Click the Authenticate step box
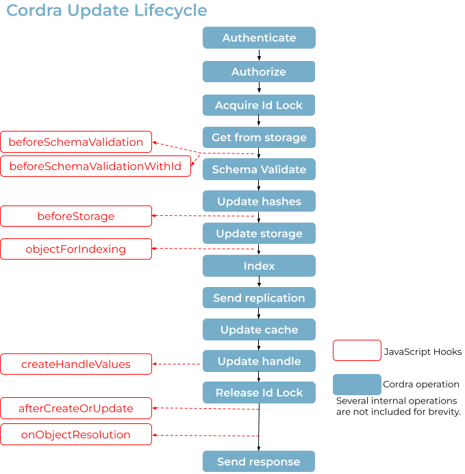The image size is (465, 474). tap(259, 38)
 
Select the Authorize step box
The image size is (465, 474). tap(259, 72)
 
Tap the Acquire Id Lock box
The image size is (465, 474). tap(259, 105)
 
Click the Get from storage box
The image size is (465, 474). tap(259, 138)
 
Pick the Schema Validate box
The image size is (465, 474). tap(259, 169)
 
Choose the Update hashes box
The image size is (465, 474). tap(259, 201)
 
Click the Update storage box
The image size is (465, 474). tap(259, 234)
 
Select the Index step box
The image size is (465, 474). tap(259, 266)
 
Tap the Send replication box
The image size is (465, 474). tap(259, 298)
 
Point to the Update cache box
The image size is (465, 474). tap(259, 329)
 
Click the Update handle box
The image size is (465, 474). tap(259, 361)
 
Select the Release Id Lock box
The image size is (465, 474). tap(259, 392)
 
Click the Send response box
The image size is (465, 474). tap(259, 462)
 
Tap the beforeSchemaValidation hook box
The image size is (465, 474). tap(76, 142)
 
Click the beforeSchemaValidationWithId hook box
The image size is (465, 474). tap(95, 166)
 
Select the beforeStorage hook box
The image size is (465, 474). tap(76, 216)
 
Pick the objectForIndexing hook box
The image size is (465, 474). tap(76, 249)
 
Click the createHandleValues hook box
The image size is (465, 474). tap(76, 364)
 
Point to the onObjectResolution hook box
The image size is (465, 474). tap(76, 434)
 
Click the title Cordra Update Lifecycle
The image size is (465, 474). tap(107, 11)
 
